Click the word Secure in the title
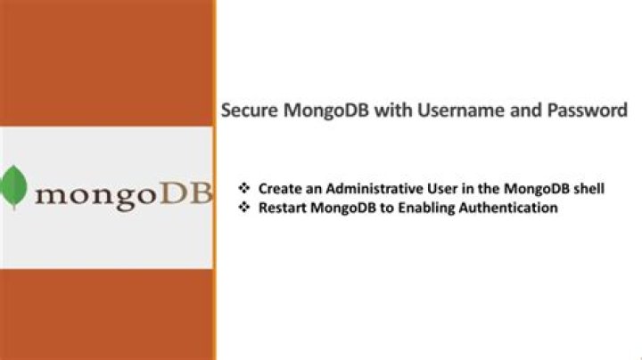(250, 110)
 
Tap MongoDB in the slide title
(326, 110)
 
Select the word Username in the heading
(461, 110)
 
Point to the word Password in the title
(588, 110)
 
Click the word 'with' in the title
(393, 110)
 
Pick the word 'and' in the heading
(526, 110)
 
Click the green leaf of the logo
(13, 187)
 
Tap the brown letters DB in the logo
(186, 193)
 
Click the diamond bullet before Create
(244, 188)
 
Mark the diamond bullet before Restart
(244, 207)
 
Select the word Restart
(282, 208)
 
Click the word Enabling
(426, 209)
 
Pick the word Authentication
(508, 208)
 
